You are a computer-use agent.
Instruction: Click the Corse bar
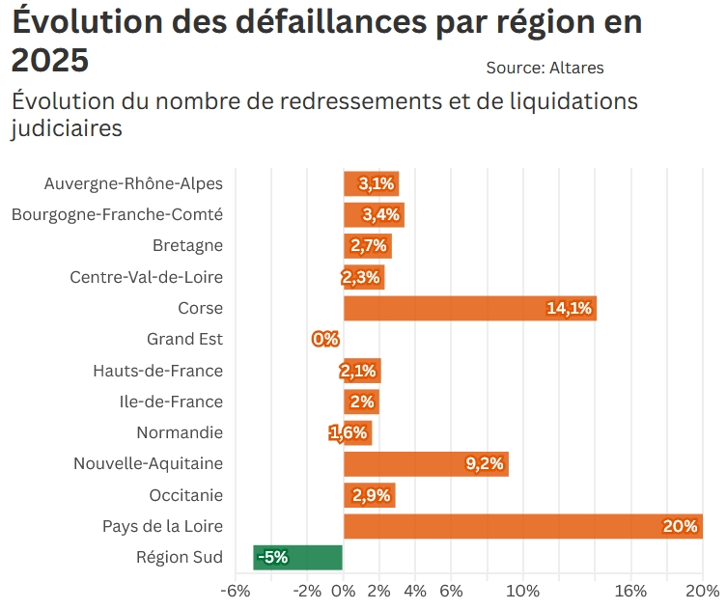[x=469, y=309]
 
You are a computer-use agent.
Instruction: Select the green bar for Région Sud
[x=298, y=557]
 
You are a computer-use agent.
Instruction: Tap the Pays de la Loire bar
[x=522, y=526]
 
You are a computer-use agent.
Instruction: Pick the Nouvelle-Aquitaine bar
[x=426, y=464]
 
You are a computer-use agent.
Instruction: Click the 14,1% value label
[x=569, y=309]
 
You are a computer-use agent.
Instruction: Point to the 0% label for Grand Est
[x=325, y=340]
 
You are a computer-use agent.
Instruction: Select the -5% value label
[x=273, y=557]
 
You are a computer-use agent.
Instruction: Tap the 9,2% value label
[x=485, y=464]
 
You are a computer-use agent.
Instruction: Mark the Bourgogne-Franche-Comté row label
[x=117, y=215]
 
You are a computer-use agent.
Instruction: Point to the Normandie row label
[x=180, y=432]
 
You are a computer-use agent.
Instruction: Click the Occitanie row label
[x=186, y=495]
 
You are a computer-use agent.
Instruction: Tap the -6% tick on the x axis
[x=235, y=591]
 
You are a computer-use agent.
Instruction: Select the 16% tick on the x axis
[x=629, y=591]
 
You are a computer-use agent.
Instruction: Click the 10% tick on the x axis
[x=522, y=591]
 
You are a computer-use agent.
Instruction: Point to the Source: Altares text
[x=545, y=68]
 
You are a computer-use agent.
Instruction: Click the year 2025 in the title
[x=50, y=60]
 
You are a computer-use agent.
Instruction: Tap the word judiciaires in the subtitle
[x=67, y=127]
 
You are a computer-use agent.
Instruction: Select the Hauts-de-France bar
[x=362, y=371]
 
